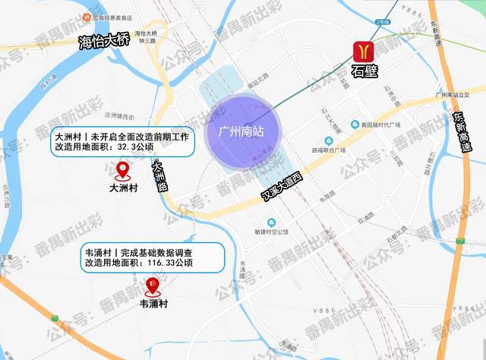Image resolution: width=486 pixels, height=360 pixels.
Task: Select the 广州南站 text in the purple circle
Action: tap(241, 131)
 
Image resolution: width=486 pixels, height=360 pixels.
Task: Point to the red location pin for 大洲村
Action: tap(122, 170)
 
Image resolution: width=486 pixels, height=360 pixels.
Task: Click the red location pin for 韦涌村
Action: tap(153, 287)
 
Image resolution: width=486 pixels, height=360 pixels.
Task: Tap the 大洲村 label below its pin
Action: tap(123, 185)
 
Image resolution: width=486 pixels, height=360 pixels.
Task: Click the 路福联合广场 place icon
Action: tap(327, 140)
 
